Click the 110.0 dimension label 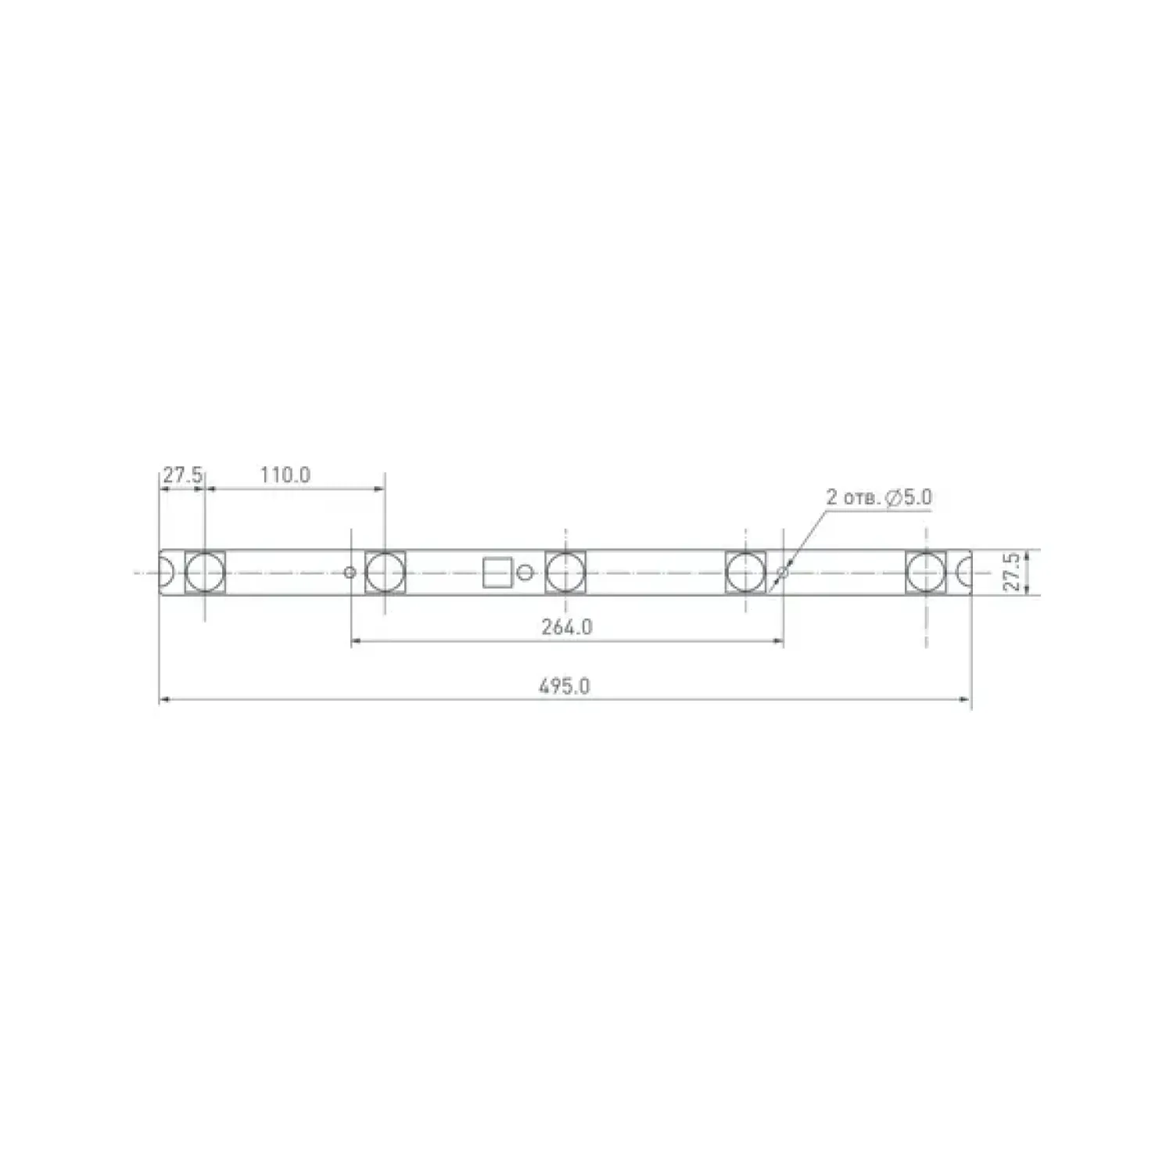[285, 475]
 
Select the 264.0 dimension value [566, 627]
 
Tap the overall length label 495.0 [564, 687]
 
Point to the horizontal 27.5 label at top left [182, 475]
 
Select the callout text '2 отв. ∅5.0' [879, 497]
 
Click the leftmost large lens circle [205, 572]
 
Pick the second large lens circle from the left [385, 572]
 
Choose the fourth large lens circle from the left [745, 572]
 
